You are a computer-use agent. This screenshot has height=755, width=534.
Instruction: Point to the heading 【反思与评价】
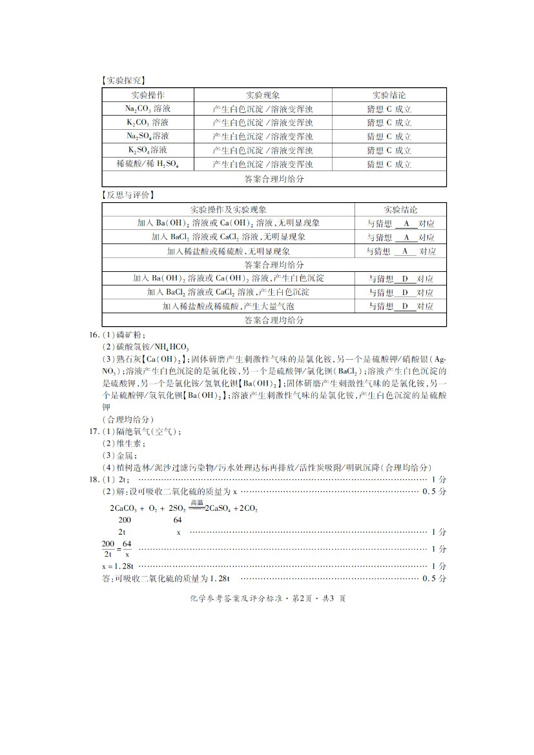point(127,195)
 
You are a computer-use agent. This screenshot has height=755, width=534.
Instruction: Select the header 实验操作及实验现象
point(228,210)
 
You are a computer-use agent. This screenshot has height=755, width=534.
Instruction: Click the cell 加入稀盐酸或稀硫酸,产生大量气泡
point(228,306)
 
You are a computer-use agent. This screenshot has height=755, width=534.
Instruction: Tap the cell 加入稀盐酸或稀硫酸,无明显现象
point(228,251)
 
